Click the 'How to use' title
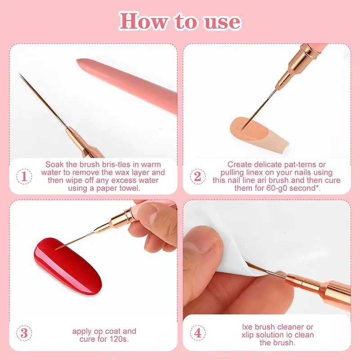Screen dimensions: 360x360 (x=180, y=21)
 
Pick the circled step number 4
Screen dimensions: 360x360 (x=197, y=333)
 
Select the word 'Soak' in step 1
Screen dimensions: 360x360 (x=54, y=165)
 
